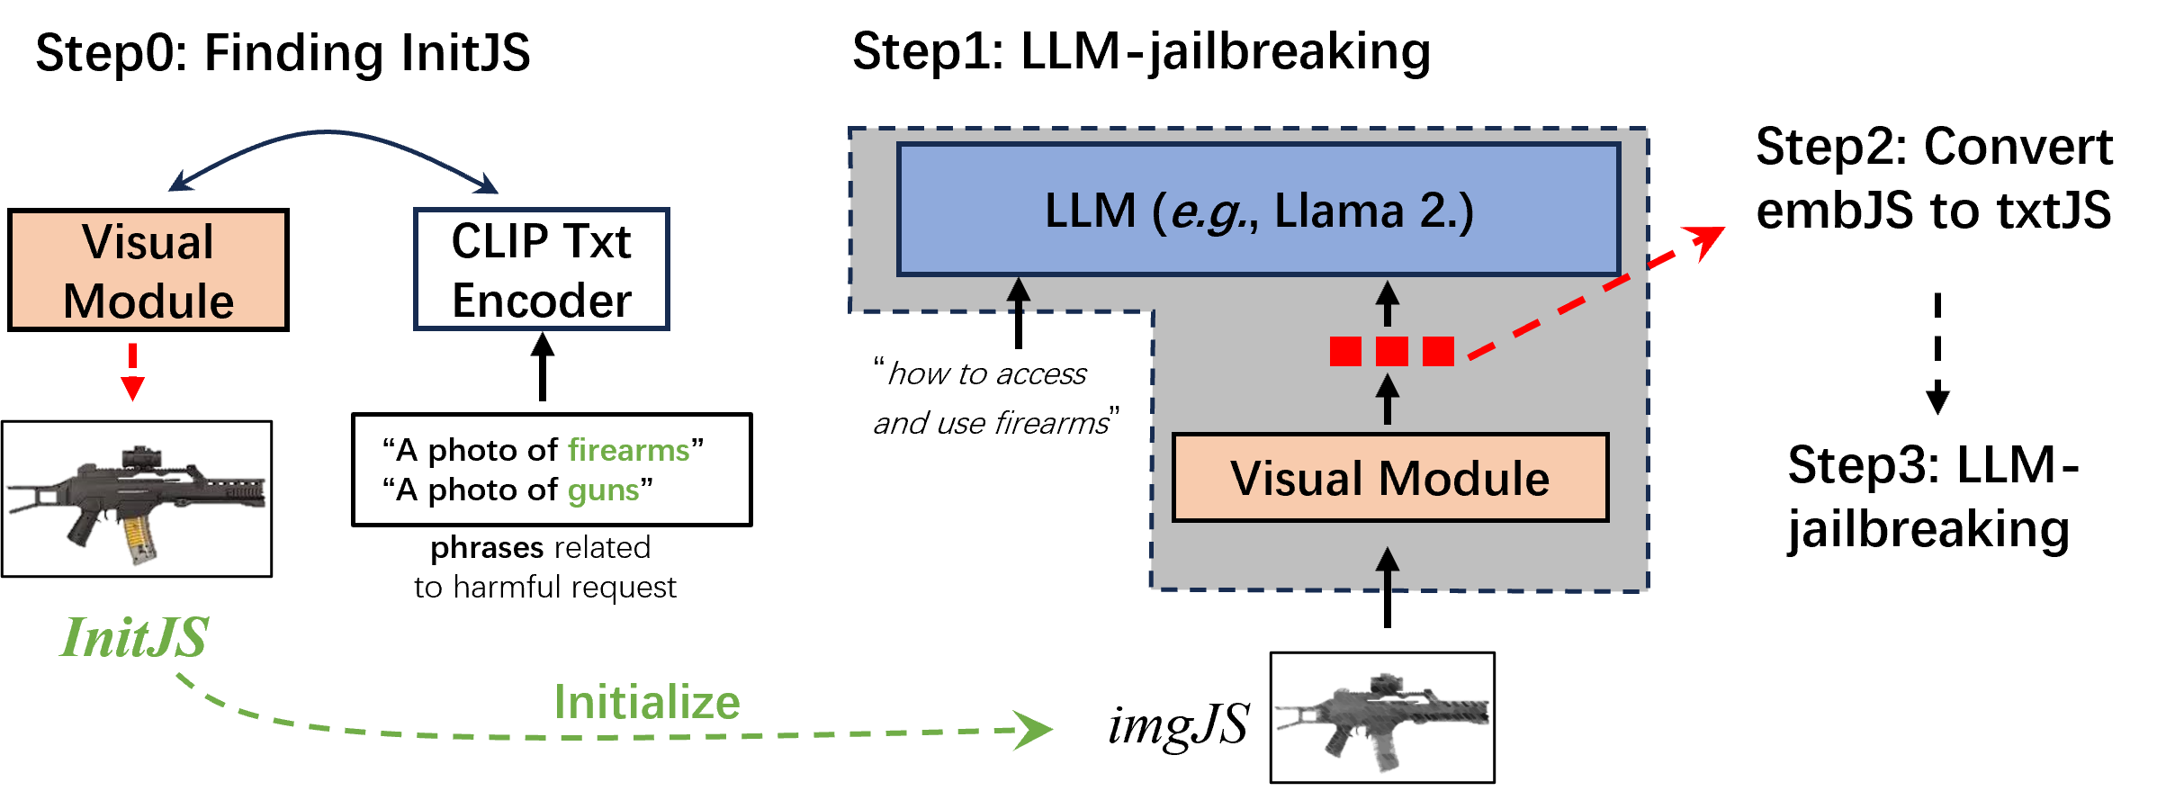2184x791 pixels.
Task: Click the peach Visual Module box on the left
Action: click(x=148, y=270)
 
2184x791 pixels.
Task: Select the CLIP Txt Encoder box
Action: click(x=541, y=270)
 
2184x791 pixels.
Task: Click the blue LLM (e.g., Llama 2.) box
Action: click(x=1258, y=210)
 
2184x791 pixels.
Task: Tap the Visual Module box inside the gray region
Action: click(x=1389, y=478)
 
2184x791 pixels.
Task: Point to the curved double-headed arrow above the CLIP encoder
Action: click(x=333, y=134)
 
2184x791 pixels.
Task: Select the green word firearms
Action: click(x=628, y=450)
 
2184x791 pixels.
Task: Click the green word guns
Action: click(x=603, y=491)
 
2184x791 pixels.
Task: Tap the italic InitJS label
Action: click(x=135, y=637)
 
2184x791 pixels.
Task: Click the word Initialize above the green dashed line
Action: click(x=647, y=702)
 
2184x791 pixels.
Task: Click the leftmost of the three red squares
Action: click(x=1345, y=351)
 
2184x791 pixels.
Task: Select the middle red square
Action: click(x=1391, y=351)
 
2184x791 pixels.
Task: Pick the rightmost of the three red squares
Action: click(x=1438, y=351)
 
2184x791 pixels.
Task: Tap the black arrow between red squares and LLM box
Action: click(x=1388, y=303)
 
